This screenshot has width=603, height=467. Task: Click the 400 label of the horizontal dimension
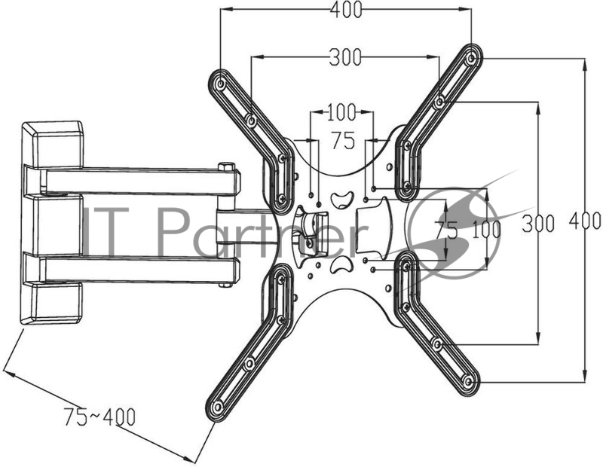(345, 10)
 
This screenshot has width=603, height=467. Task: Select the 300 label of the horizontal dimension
(344, 56)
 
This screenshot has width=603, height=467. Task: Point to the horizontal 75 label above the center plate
(343, 142)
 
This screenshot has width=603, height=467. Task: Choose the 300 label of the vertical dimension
(539, 223)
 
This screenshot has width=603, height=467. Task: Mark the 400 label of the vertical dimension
(586, 221)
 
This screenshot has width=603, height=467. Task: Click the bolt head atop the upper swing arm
(225, 166)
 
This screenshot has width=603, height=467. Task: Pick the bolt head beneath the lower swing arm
(225, 284)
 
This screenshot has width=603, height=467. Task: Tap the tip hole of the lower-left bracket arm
(218, 407)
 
